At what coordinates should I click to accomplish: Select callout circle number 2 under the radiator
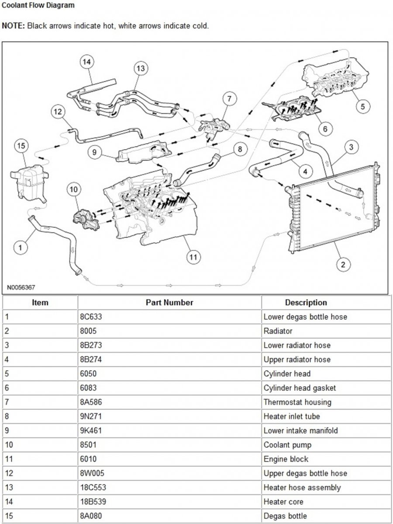[343, 264]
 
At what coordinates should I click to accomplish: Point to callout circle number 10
[74, 190]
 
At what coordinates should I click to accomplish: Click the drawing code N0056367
[21, 288]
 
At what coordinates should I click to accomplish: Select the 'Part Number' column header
[169, 302]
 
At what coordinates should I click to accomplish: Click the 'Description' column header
[306, 302]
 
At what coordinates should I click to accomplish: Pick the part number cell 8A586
[92, 402]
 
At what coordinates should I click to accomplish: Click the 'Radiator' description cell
[278, 331]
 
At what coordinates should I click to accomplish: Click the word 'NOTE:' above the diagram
[14, 26]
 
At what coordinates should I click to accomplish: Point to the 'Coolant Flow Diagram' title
[38, 5]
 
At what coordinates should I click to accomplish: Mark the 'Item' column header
[40, 302]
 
